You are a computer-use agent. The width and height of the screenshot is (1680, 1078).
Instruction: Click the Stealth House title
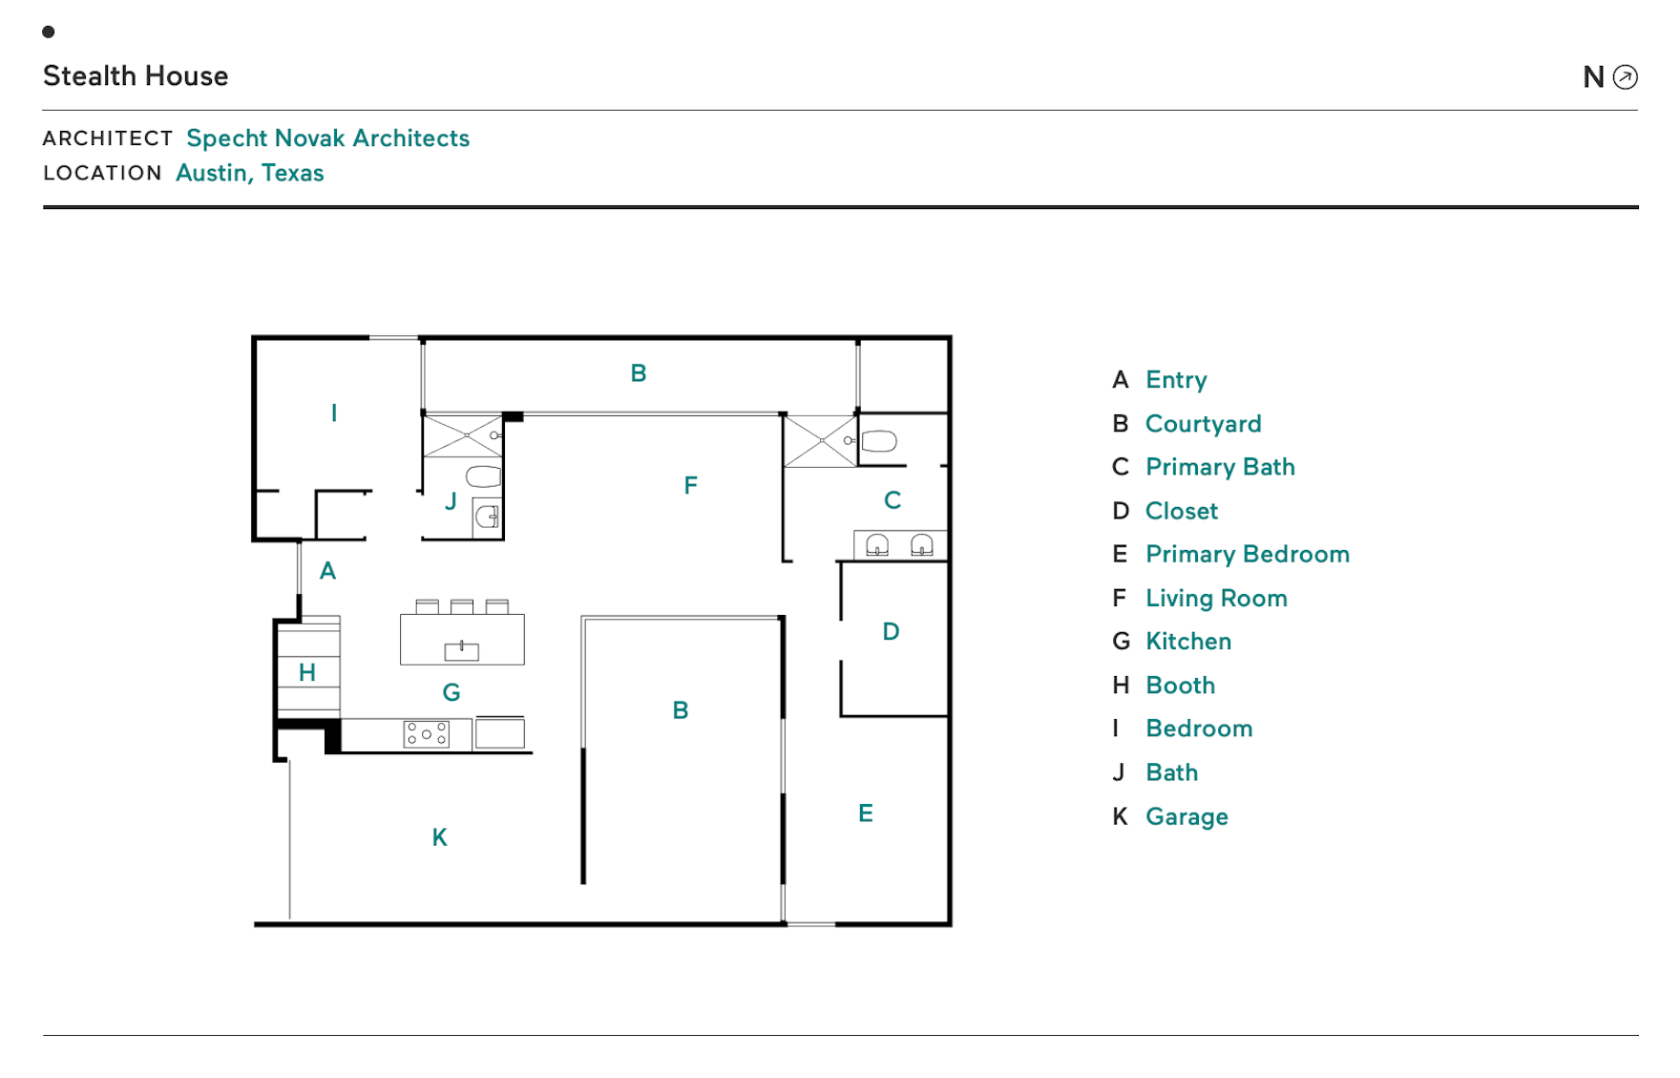pos(136,76)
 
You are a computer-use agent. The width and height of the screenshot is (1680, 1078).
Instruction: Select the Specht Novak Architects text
pos(327,138)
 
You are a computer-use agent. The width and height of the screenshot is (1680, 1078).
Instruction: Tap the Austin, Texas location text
pos(250,173)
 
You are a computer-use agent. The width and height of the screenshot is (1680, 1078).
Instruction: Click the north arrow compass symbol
pos(1625,77)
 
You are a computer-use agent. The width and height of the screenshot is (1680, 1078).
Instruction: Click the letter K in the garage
pos(439,837)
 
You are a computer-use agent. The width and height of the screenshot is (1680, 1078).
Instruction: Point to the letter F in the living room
pos(690,486)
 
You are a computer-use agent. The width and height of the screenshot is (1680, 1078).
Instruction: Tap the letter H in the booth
pos(306,672)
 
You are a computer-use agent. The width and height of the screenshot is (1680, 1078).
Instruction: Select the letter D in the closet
pos(891,631)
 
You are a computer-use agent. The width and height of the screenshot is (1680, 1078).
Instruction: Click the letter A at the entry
pos(327,571)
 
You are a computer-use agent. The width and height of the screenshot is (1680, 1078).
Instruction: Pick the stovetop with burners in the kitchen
pos(426,734)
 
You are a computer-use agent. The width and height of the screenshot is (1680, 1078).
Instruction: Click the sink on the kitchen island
pos(461,651)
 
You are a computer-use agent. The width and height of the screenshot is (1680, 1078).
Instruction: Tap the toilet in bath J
pos(484,476)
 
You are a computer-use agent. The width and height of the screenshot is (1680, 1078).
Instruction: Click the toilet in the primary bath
pos(878,441)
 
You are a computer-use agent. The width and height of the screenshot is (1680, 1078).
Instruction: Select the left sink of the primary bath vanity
pos(876,545)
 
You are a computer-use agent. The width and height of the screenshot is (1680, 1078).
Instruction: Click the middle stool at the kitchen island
pos(462,606)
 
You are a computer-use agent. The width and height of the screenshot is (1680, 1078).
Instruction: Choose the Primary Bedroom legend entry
pos(1247,555)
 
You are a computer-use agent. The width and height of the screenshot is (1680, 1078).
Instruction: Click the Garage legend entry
pos(1186,817)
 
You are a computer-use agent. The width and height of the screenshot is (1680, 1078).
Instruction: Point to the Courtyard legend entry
pos(1203,424)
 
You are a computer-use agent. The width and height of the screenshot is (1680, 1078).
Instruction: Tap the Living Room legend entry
pos(1216,599)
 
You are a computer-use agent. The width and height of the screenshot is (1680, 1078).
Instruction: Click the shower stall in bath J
pos(462,435)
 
